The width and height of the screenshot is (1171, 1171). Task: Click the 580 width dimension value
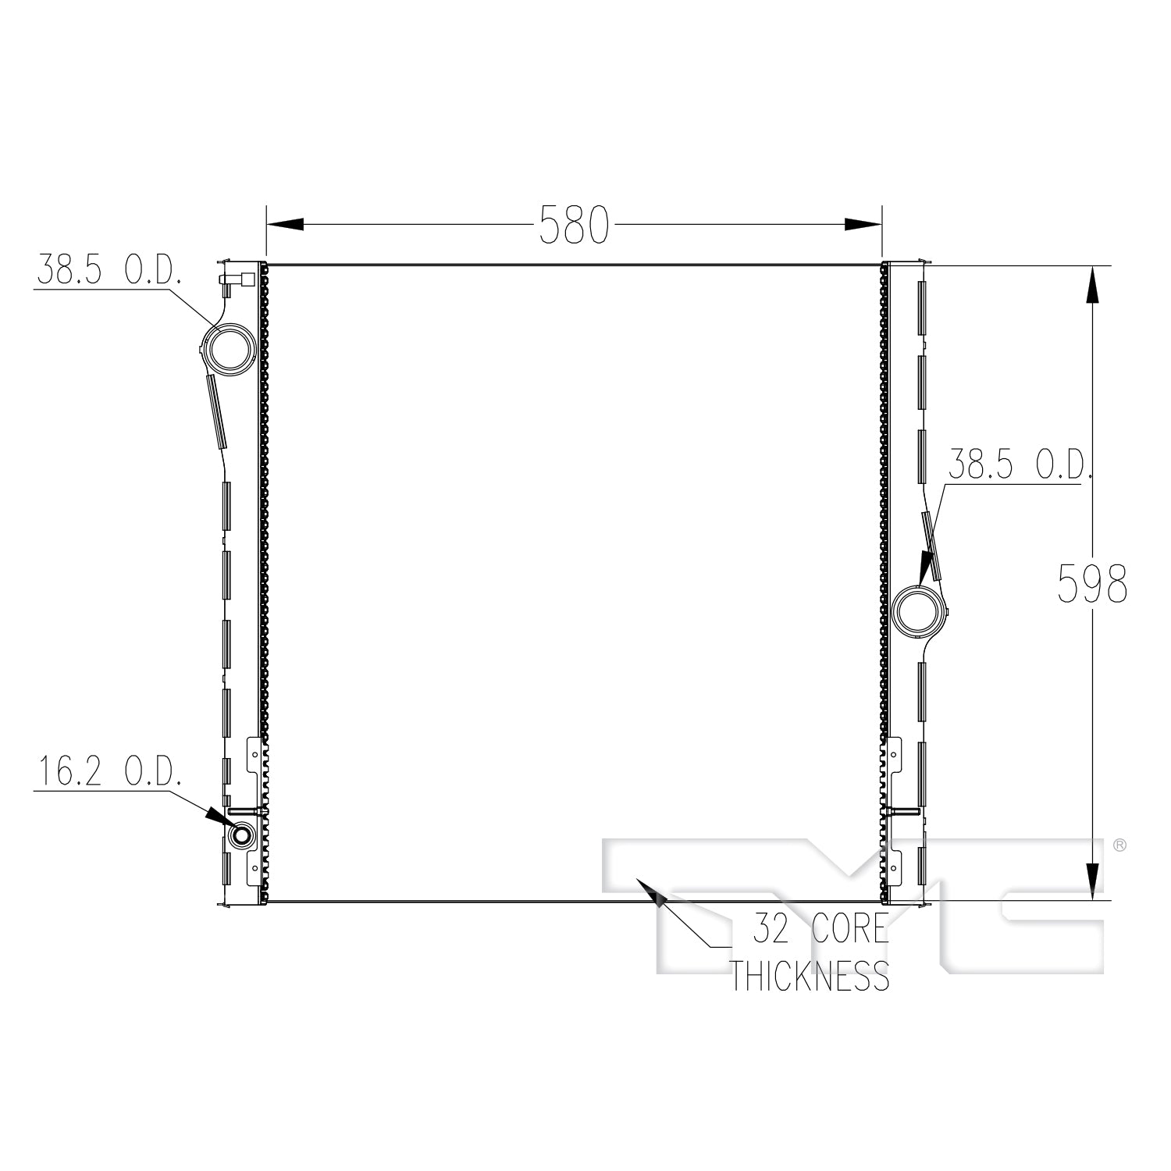[x=574, y=226]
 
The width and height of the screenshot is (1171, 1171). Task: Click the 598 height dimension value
[x=1092, y=584]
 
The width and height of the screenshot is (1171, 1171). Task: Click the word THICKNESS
[x=810, y=976]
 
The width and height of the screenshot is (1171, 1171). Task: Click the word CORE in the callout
[x=850, y=928]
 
